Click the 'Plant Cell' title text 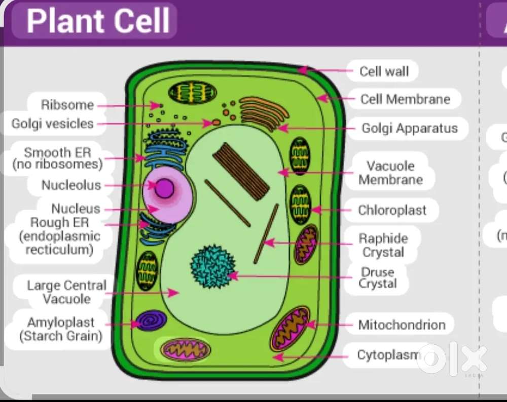pos(98,21)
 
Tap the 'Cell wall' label pos(384,71)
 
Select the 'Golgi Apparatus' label pos(409,129)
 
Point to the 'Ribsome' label pos(67,105)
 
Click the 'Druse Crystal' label pos(377,278)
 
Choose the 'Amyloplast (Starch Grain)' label pos(61,329)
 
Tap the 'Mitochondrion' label pos(402,325)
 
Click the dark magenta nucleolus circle pos(164,188)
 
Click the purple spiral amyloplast pos(152,321)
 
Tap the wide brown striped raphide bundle pos(241,170)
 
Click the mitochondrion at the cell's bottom pos(185,349)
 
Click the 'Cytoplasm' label pos(388,355)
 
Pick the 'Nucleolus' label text pos(71,185)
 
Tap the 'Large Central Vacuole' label pos(66,292)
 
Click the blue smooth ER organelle pos(163,146)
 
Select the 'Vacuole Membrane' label pos(391,173)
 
